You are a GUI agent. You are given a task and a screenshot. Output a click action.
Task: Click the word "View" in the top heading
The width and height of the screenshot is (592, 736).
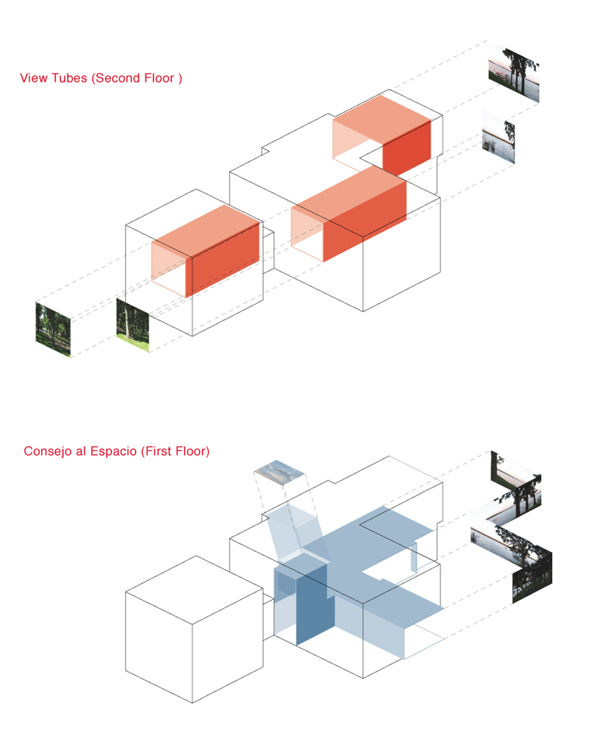pyautogui.click(x=33, y=78)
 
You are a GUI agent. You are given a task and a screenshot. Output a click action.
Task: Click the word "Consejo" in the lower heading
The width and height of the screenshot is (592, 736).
pyautogui.click(x=48, y=451)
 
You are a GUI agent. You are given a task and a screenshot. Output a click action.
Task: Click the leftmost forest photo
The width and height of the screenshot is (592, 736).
pyautogui.click(x=53, y=330)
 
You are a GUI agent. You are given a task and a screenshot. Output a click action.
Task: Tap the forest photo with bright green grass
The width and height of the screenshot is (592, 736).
pyautogui.click(x=133, y=325)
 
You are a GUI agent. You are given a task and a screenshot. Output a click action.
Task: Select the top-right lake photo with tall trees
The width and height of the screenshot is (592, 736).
pyautogui.click(x=513, y=72)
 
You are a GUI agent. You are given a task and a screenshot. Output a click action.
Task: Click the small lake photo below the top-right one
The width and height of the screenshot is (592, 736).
pyautogui.click(x=498, y=137)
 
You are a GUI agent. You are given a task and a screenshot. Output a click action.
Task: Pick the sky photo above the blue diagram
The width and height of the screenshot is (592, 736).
pyautogui.click(x=279, y=470)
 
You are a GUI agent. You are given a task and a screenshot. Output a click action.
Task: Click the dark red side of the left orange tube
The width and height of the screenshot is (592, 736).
pyautogui.click(x=225, y=259)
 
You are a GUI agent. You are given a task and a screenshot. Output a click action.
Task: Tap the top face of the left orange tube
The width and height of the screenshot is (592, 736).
pyautogui.click(x=205, y=231)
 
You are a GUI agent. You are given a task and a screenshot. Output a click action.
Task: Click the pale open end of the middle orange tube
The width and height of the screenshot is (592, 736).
pyautogui.click(x=307, y=233)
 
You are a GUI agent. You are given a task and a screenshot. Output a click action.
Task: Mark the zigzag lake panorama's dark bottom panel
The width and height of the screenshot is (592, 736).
pyautogui.click(x=532, y=577)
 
